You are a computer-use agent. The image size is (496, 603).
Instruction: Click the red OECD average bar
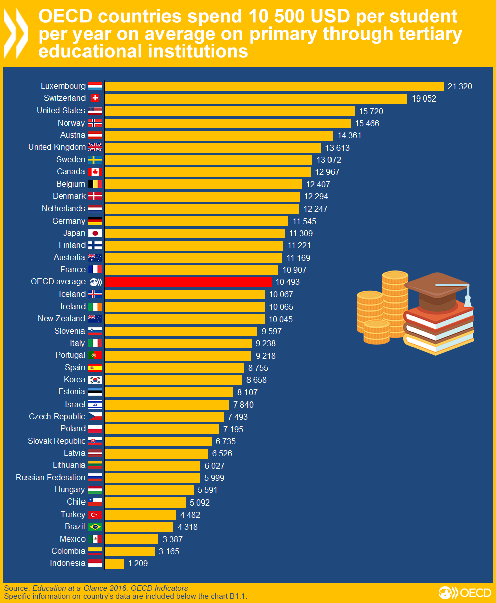tap(187, 282)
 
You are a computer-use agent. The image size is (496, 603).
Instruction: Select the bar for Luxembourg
tap(274, 86)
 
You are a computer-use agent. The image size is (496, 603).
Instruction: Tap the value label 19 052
tap(424, 99)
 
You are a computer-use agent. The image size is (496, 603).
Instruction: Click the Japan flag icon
tap(95, 233)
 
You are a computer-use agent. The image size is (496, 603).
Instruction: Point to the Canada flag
tap(95, 172)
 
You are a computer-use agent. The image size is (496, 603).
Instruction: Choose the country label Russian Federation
tap(50, 477)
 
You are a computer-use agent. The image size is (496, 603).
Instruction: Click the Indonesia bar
tap(114, 563)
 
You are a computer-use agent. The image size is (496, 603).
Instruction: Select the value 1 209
tap(138, 564)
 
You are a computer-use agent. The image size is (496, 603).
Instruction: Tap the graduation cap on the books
tap(438, 291)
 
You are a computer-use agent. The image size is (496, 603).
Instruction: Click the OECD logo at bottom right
tap(464, 592)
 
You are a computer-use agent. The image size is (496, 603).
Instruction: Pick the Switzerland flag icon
tap(95, 98)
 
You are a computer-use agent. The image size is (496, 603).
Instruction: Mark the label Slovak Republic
tap(56, 441)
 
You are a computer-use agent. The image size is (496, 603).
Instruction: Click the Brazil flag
tap(95, 527)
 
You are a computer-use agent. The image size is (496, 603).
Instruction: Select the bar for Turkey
tap(140, 515)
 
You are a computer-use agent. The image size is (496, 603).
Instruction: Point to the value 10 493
tap(287, 282)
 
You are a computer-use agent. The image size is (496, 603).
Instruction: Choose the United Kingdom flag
tap(95, 147)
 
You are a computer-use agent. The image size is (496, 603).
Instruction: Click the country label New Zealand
tap(61, 319)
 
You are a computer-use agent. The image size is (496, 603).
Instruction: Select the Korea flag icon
tap(95, 380)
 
